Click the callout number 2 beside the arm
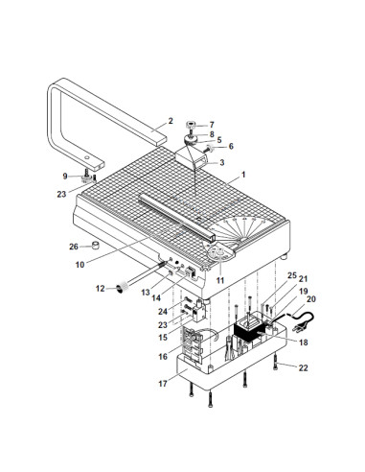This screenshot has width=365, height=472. [171, 121]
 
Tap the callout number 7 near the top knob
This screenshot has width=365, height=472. [212, 125]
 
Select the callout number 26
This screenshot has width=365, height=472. [74, 247]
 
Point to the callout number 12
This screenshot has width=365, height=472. [101, 289]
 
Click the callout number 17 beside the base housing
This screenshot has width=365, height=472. [163, 383]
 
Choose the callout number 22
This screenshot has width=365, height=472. [303, 367]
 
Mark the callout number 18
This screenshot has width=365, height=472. [303, 342]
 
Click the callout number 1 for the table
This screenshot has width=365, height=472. [243, 175]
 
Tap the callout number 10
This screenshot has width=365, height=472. [80, 265]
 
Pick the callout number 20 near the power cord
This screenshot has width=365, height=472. [311, 299]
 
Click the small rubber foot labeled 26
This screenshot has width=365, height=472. [96, 246]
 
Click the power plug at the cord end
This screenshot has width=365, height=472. [298, 329]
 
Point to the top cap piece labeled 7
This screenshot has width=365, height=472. [191, 124]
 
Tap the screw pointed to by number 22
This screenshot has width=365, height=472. [276, 364]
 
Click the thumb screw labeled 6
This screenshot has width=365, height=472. [210, 149]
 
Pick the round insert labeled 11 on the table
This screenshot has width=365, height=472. [219, 253]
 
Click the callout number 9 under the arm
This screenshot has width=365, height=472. [65, 176]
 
